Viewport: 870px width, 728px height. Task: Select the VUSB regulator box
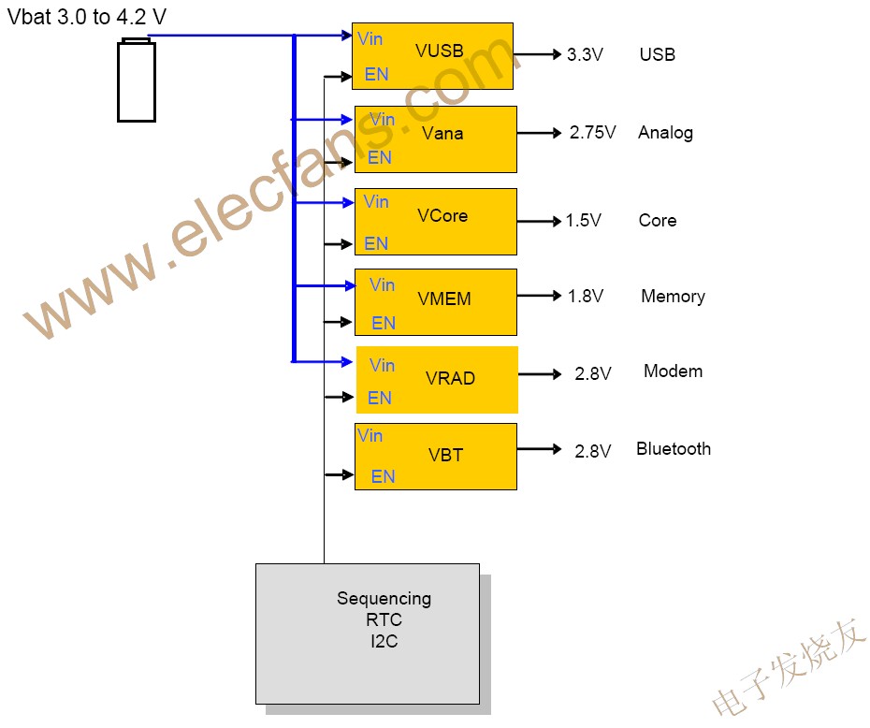pos(432,56)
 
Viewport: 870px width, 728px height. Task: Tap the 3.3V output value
pos(585,54)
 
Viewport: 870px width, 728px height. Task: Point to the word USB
pos(657,54)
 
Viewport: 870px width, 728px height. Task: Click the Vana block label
pos(442,133)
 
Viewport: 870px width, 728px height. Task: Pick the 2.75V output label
pos(592,133)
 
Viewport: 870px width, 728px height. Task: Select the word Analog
pos(665,132)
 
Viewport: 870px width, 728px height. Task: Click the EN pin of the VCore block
pos(376,243)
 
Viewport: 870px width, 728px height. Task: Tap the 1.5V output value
pos(583,221)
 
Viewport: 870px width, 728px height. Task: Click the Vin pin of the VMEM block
pos(382,284)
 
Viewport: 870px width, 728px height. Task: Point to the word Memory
pos(673,297)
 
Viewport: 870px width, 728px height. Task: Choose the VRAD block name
pos(450,379)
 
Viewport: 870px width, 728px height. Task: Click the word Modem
pos(673,371)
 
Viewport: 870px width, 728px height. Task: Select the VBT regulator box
pos(436,457)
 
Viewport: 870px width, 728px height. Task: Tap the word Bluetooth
pos(673,449)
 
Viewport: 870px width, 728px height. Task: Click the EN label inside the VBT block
pos(383,476)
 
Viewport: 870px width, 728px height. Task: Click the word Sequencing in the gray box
pos(384,598)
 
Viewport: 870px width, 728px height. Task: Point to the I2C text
pos(384,642)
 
